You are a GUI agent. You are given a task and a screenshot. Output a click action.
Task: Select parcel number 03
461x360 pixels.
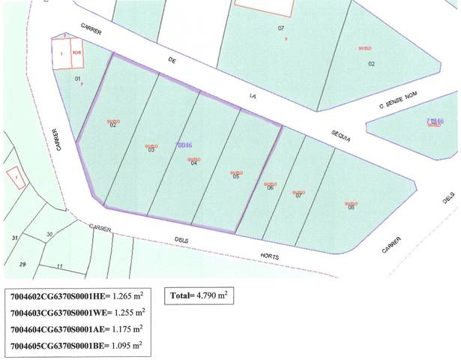pos(151,150)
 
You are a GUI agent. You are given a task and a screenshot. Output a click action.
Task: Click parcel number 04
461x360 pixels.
pos(193,163)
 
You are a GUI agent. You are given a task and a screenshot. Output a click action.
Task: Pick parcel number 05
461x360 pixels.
pos(235,177)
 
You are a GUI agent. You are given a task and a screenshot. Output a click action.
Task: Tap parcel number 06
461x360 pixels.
pos(270,187)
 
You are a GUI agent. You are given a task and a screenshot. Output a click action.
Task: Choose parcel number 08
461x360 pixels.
pos(350,207)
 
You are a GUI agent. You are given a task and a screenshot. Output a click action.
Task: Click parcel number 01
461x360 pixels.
pos(77,78)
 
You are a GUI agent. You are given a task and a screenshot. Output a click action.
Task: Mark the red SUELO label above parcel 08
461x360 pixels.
pos(349,201)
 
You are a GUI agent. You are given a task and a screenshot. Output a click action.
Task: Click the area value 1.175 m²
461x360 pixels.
pos(127,329)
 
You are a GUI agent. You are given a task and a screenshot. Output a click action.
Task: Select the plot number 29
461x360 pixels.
pos(22,264)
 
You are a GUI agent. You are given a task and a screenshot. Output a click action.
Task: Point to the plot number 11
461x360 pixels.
pos(59,265)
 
